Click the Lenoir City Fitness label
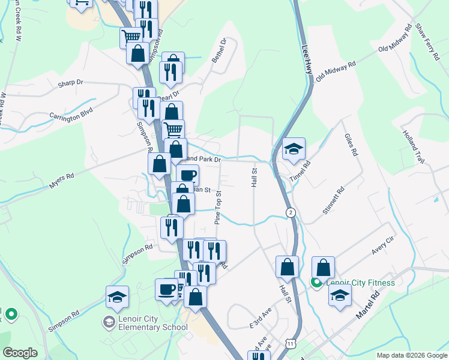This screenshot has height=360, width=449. click(360, 283)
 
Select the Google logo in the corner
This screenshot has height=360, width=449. click(20, 353)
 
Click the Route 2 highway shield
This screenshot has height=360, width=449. click(291, 212)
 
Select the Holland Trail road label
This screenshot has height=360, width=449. click(414, 146)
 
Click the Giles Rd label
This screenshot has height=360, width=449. click(351, 145)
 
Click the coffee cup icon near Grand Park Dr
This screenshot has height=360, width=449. click(187, 175)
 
